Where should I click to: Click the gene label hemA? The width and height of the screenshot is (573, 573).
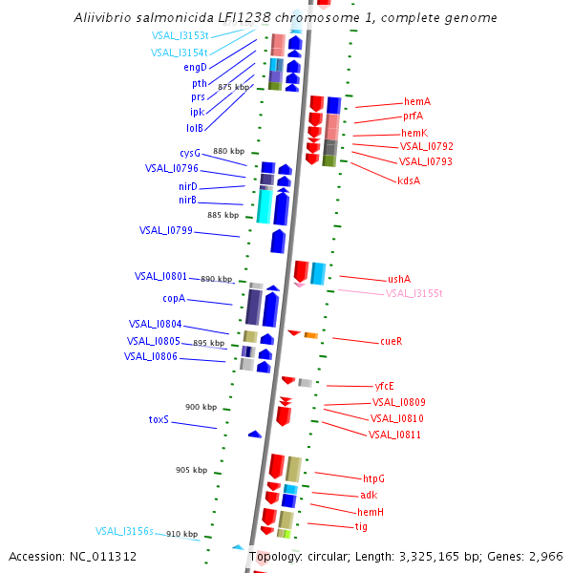tap(417, 101)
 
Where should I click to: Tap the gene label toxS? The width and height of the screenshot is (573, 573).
tap(159, 419)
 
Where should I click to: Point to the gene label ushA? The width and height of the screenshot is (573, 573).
tap(399, 279)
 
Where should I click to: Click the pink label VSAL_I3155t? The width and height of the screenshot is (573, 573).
tap(414, 293)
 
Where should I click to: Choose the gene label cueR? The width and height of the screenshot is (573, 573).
tap(391, 341)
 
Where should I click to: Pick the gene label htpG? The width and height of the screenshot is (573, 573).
tap(373, 478)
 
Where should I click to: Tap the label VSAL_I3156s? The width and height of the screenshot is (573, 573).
tap(124, 531)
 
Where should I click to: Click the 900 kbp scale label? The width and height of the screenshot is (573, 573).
tap(201, 407)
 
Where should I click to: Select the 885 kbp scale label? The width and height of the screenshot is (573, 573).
tap(223, 215)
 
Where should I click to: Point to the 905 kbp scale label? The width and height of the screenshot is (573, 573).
tap(191, 470)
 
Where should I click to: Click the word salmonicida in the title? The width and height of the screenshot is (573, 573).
tap(162, 18)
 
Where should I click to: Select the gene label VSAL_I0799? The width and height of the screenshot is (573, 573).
tap(166, 230)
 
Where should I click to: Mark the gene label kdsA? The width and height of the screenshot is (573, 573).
tap(409, 180)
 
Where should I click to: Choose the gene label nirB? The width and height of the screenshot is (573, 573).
tap(187, 201)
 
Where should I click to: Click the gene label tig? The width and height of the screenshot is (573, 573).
tap(361, 526)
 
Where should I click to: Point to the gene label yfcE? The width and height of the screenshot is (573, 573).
tap(385, 386)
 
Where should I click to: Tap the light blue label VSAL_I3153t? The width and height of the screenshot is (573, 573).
tap(180, 36)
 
